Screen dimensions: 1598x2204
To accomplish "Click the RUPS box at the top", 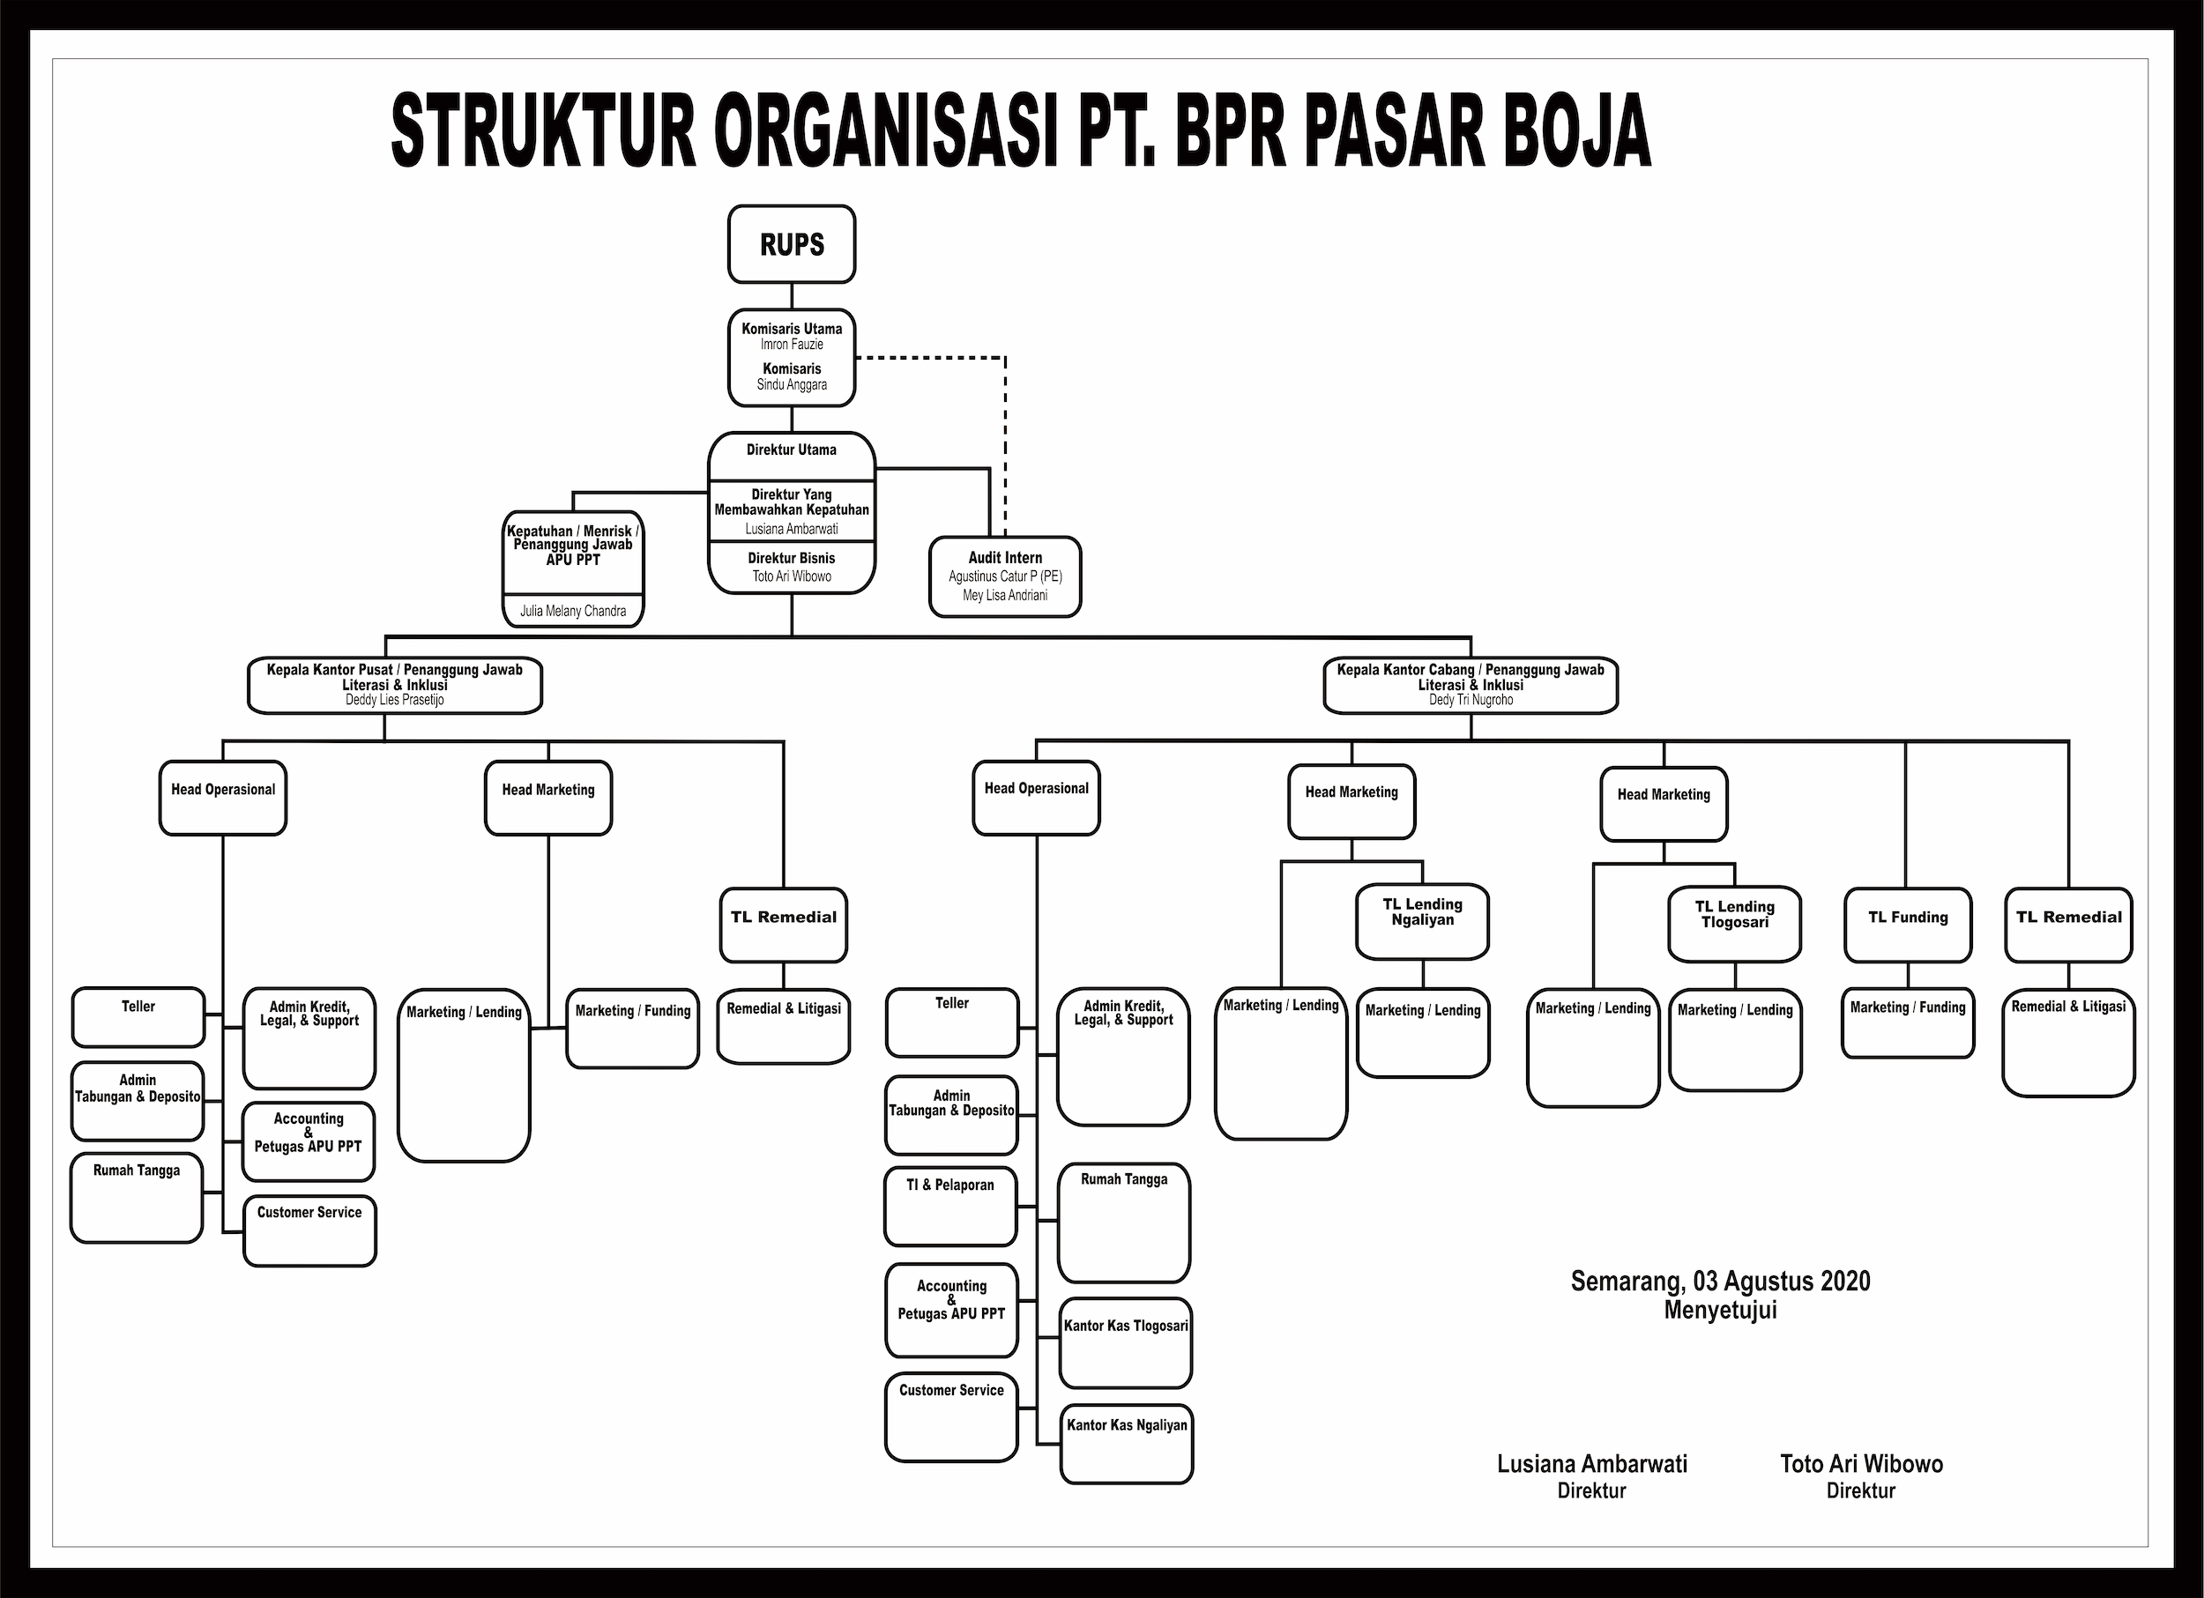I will [x=791, y=244].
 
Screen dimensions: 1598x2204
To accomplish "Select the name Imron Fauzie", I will [x=791, y=345].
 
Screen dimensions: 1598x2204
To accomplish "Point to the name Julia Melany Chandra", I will [x=572, y=611].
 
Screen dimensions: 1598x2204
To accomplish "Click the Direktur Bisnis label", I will [x=791, y=559].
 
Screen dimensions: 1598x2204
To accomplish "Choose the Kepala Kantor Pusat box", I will [x=395, y=684].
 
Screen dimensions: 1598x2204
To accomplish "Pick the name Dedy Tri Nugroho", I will [x=1471, y=700].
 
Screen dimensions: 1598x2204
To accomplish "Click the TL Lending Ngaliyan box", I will [x=1422, y=919].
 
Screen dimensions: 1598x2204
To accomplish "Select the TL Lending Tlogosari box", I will [x=1735, y=922].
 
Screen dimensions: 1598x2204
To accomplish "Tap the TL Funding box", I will [x=1908, y=924].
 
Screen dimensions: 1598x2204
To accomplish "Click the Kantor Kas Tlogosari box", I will [x=1125, y=1342].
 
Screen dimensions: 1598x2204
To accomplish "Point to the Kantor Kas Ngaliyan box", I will [x=1127, y=1443].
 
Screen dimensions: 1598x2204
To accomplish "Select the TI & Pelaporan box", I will [x=950, y=1205].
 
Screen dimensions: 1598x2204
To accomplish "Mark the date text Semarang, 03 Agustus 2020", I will [x=1720, y=1282].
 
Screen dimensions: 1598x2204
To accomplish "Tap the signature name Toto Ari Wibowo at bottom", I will [x=1861, y=1464].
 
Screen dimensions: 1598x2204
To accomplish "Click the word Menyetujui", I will [x=1720, y=1311].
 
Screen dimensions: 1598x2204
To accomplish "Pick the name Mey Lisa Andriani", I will [x=1005, y=596].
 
